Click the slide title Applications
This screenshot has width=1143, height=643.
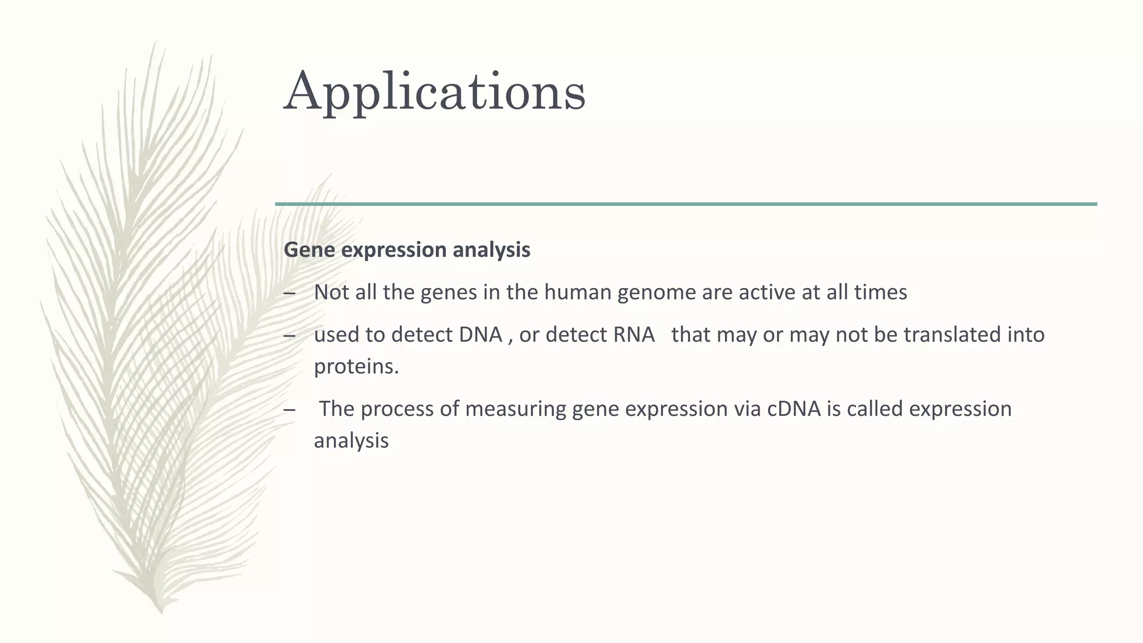tap(435, 91)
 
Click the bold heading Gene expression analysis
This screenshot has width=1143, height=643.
tap(407, 249)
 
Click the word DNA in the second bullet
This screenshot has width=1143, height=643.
tap(481, 334)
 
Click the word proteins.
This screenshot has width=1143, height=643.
tap(356, 366)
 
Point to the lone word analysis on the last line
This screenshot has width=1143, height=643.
tap(351, 441)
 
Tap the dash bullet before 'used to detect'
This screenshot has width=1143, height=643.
tap(289, 335)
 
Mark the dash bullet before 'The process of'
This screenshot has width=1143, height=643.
tap(289, 410)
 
